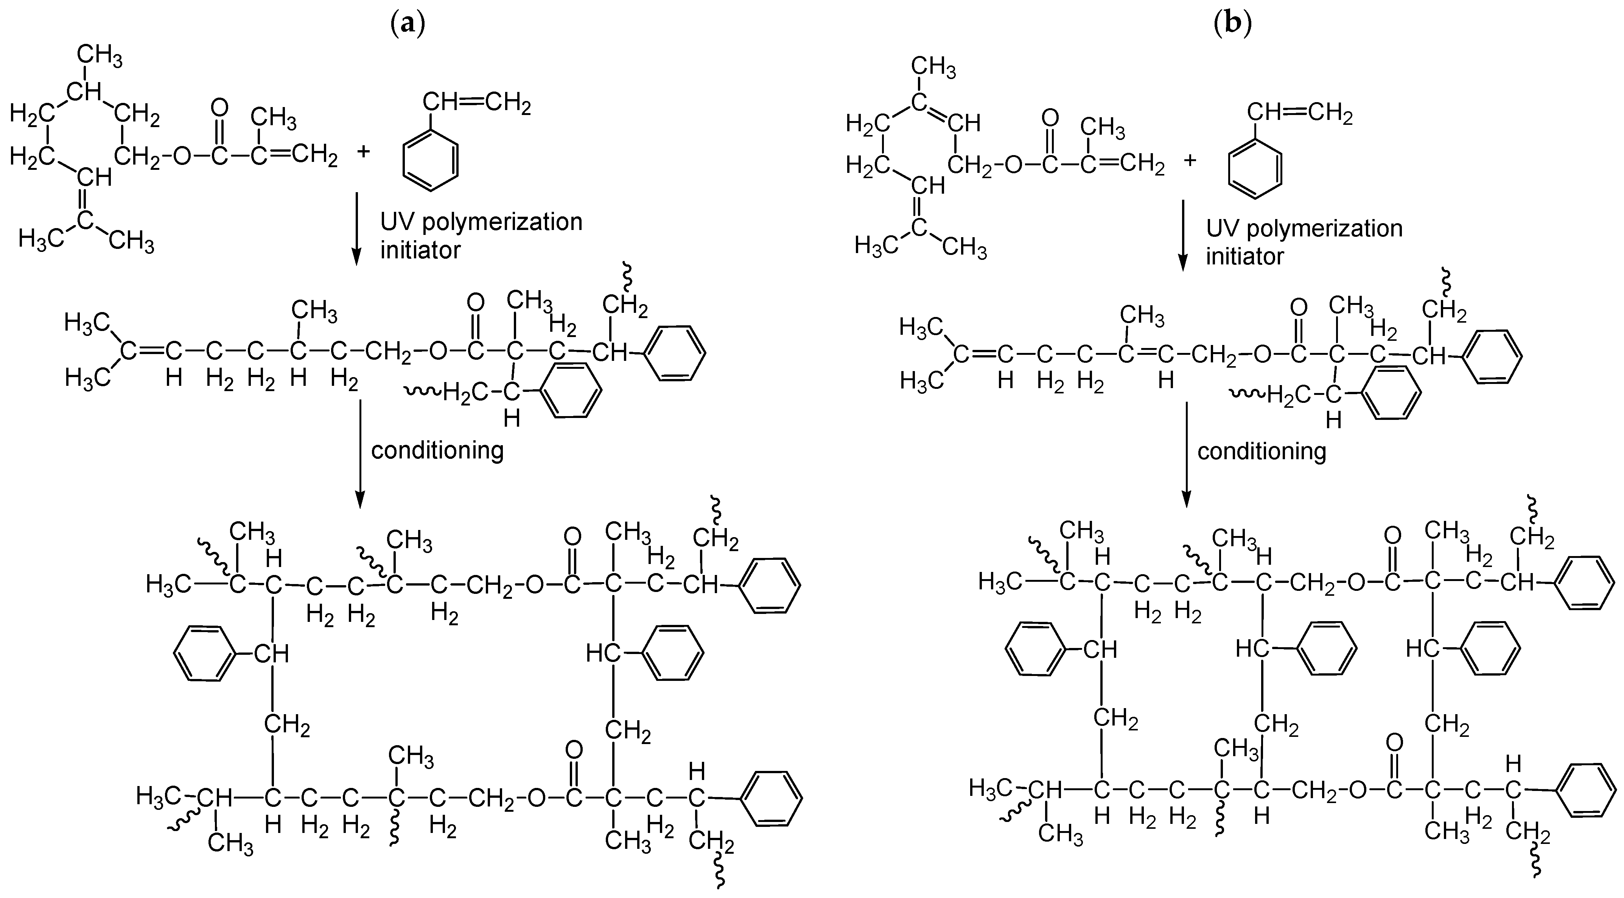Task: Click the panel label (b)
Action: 1232,24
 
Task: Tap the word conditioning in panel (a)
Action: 437,450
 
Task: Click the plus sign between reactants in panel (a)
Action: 364,152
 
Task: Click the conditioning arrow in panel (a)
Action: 359,454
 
